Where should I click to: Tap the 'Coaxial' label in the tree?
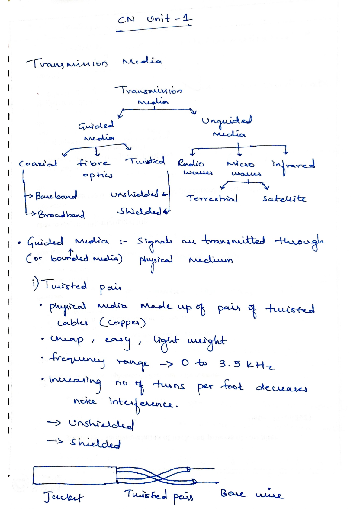(x=38, y=164)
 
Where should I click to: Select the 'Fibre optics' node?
(x=94, y=169)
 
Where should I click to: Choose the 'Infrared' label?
(x=293, y=165)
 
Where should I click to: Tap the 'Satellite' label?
(x=284, y=198)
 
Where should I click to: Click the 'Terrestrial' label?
(x=212, y=198)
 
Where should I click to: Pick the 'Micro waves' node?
(x=243, y=168)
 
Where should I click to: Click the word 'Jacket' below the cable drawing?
(x=63, y=497)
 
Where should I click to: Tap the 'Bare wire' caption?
(x=252, y=494)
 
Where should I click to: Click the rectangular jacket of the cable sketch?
(x=75, y=475)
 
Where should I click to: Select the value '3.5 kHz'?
(x=247, y=364)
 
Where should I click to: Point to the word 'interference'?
(x=141, y=404)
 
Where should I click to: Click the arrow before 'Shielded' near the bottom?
(x=55, y=441)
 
